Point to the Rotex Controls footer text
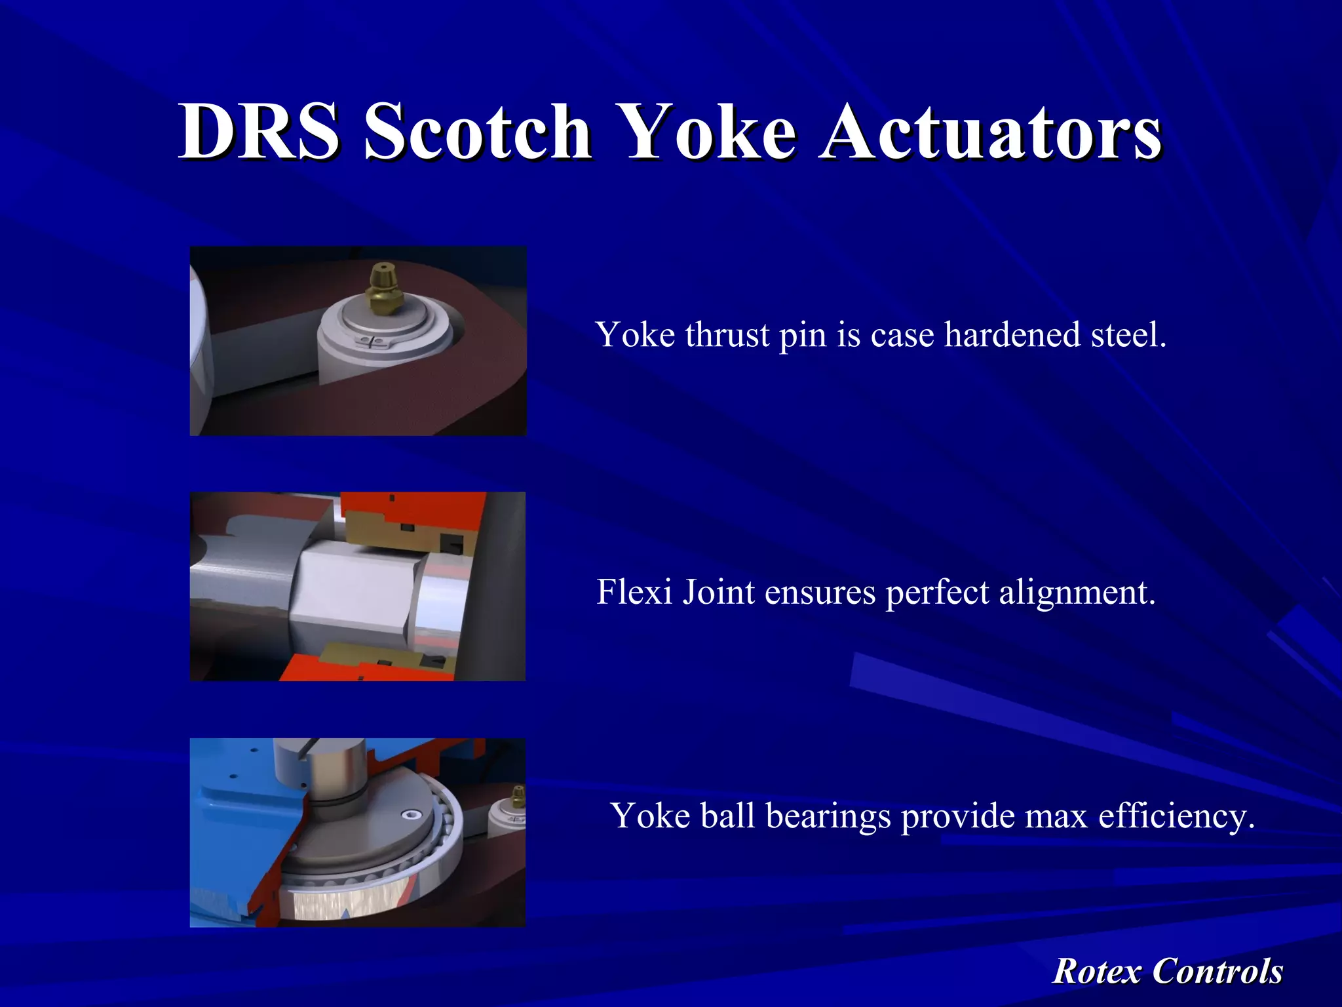click(x=1167, y=971)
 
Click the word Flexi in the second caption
click(x=635, y=592)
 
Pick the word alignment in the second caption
click(x=1077, y=592)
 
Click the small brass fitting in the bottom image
click(x=518, y=797)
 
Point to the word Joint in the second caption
click(x=719, y=592)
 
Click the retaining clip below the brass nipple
click(x=371, y=341)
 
